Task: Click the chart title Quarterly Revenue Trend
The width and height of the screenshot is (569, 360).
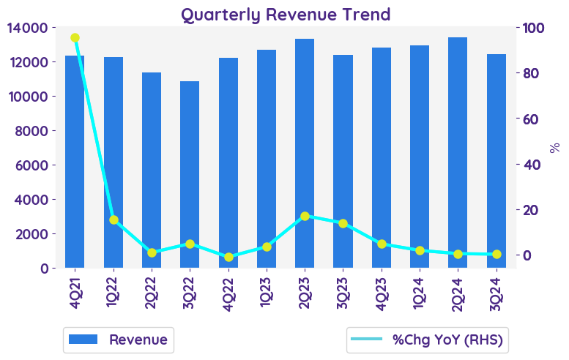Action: point(286,14)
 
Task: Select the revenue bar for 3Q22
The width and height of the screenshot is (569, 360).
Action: point(190,176)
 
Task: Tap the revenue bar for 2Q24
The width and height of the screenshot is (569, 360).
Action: point(458,154)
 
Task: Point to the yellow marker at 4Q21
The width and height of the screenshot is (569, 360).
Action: point(75,37)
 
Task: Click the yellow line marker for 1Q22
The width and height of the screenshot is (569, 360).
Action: point(114,220)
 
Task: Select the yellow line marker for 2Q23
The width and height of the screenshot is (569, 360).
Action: point(305,217)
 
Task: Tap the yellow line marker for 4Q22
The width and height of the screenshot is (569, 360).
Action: point(228,257)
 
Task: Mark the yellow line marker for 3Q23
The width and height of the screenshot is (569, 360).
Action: point(343,223)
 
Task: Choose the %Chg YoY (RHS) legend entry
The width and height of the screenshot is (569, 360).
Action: point(429,340)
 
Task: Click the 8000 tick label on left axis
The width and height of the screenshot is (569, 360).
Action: point(31,131)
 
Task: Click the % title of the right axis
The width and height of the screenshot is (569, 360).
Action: point(554,147)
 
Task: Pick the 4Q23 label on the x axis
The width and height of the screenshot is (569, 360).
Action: point(382,292)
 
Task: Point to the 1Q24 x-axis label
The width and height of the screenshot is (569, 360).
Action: point(420,292)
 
